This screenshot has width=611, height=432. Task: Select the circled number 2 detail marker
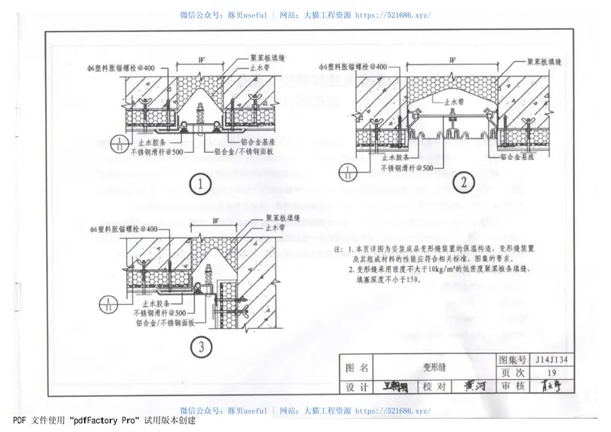(464, 182)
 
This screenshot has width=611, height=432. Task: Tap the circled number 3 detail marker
(202, 346)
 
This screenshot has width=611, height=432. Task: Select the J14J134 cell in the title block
(562, 359)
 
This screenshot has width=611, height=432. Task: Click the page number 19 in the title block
(562, 372)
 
